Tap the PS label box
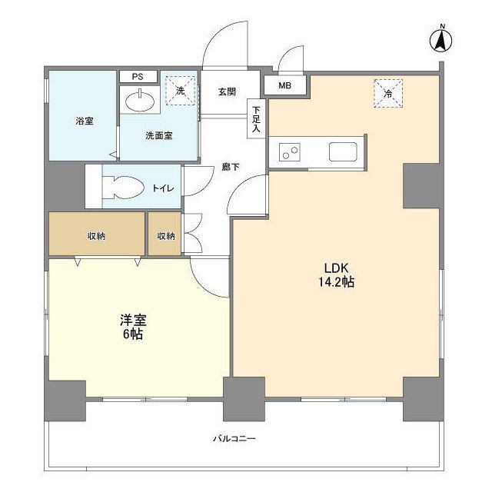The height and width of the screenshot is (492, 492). coord(138,77)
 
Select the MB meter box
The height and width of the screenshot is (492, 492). coord(285,85)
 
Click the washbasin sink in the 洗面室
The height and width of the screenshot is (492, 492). coord(140,101)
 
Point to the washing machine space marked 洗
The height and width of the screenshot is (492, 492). coord(181,91)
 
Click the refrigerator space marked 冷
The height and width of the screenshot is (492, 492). coord(388,93)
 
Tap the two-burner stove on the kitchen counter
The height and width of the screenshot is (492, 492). coord(290,152)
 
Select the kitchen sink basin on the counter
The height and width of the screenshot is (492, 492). coord(343,152)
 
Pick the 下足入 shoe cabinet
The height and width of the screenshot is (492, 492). coord(256,118)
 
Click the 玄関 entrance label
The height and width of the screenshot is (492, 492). coord(227,92)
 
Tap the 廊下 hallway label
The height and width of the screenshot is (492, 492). coord(231,167)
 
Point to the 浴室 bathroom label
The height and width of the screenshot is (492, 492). coord(85,121)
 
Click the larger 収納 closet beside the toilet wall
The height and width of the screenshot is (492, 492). coord(97,234)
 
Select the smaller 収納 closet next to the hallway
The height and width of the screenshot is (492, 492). coord(165,234)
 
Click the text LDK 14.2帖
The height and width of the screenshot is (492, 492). coord(337,275)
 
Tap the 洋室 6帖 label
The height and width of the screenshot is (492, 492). coord(133,327)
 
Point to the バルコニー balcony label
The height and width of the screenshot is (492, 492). coord(234,438)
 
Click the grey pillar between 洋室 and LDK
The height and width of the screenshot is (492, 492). coord(244,399)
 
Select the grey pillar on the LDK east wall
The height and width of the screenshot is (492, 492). coord(421,186)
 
